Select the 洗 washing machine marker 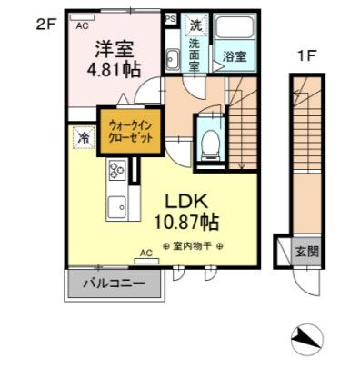195,26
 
